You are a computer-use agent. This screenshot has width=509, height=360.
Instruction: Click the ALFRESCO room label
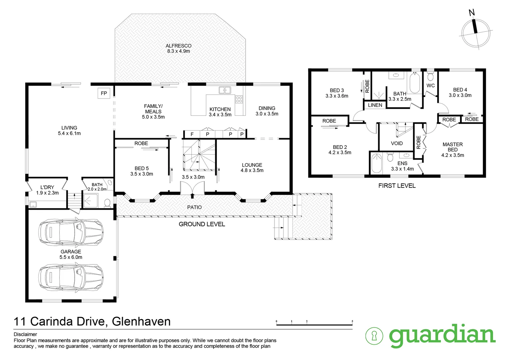179,46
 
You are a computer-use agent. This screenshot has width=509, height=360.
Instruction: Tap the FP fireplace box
104,93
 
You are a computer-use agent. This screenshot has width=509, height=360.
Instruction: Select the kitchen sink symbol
225,90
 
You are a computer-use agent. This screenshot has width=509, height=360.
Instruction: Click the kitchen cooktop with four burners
239,99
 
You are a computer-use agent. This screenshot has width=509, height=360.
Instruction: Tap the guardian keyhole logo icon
374,336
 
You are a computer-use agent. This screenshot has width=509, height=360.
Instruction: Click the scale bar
314,324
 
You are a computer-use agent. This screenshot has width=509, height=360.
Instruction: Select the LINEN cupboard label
375,105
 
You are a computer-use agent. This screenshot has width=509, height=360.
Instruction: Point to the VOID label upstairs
397,143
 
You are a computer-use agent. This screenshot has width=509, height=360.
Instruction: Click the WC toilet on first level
430,77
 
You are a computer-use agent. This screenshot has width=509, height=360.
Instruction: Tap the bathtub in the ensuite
376,163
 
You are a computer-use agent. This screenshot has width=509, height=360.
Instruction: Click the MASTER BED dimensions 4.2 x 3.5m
452,155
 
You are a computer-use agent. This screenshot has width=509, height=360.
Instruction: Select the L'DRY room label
47,187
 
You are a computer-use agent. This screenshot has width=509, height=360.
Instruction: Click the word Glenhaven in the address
141,321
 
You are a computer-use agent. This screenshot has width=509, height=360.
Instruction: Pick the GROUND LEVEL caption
202,224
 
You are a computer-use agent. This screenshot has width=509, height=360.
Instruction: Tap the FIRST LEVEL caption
397,186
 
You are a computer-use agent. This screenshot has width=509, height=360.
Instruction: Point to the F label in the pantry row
192,134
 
